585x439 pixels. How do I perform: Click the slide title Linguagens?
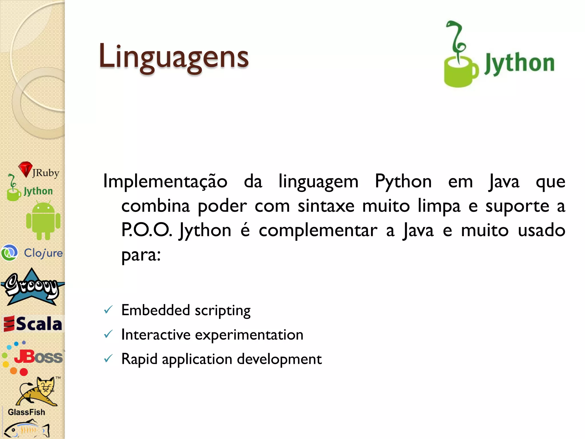tap(173, 57)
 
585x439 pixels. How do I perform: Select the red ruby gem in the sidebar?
tap(25, 169)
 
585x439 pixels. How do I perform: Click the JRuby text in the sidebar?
tap(46, 173)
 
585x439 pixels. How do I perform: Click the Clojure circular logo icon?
tap(9, 253)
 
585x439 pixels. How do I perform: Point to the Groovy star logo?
tap(32, 287)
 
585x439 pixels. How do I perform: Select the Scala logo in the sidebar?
tap(33, 324)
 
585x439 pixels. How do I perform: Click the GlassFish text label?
tap(26, 412)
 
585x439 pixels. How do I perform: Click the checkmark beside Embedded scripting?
tap(108, 310)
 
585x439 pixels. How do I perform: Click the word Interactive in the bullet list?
tap(156, 334)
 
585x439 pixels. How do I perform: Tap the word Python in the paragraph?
tap(403, 181)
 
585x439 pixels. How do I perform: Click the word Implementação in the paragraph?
tap(165, 181)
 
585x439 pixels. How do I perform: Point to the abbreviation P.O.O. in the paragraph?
tap(147, 230)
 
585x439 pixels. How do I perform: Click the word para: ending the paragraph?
tap(141, 255)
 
